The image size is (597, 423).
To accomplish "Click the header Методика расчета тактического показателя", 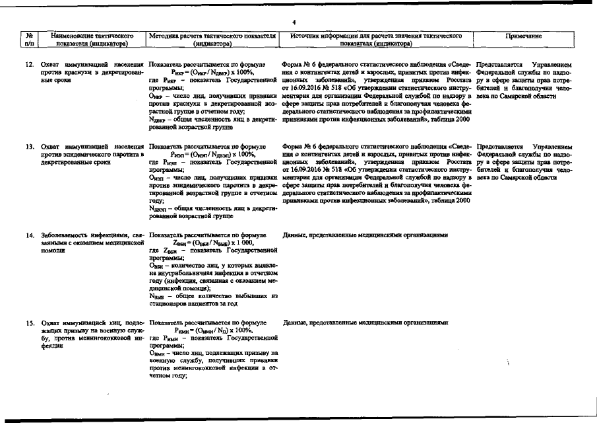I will pos(212,34).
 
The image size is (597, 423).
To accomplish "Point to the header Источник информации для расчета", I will pos(375,34).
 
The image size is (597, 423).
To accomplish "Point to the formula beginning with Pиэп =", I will pos(212,153).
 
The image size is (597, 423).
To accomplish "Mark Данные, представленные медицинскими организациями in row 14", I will pos(365,235).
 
